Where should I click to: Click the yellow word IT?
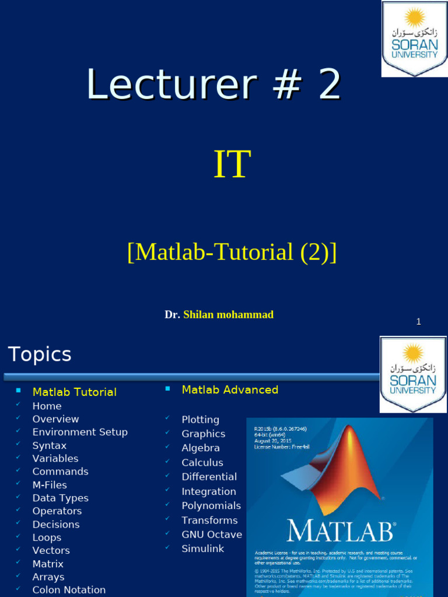coord(232,164)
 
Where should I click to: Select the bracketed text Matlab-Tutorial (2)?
coord(232,252)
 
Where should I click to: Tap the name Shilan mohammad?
coord(228,315)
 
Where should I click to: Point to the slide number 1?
coord(418,322)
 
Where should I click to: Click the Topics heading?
coord(40,354)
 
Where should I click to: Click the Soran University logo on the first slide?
coord(414,38)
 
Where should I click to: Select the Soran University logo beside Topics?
coord(413,374)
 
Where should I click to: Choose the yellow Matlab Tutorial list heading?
coord(74,392)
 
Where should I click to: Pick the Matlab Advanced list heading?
coord(230,390)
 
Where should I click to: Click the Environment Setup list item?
coord(80,432)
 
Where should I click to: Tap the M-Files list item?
coord(50,485)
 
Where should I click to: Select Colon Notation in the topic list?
coord(69,590)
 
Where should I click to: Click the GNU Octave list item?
coord(211,535)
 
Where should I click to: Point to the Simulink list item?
coord(202,549)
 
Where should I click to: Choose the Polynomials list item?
coord(211,505)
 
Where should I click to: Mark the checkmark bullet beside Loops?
coord(19,537)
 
